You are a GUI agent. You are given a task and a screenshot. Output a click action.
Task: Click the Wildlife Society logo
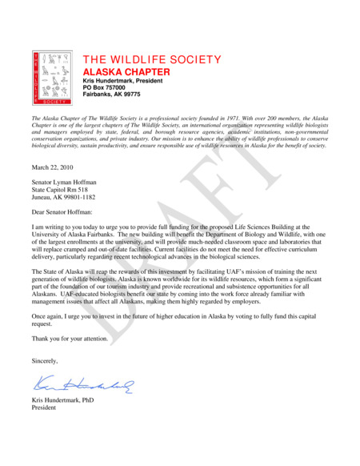click(x=52, y=78)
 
